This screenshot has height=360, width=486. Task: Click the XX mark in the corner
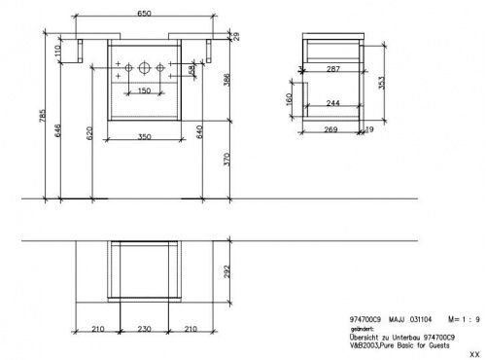tap(473, 354)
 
